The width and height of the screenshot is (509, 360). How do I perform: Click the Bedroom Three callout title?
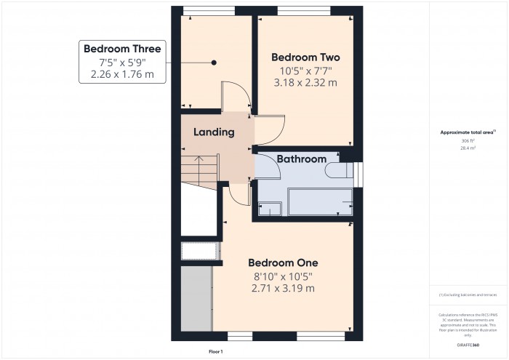tap(122, 49)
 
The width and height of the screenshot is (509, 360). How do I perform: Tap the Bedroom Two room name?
tap(305, 57)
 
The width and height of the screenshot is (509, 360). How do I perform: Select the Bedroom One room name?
tap(283, 263)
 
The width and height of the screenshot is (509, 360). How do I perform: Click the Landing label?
tap(214, 132)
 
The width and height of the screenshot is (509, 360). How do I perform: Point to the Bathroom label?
tap(301, 159)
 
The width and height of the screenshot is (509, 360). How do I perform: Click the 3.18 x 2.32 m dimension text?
tap(305, 83)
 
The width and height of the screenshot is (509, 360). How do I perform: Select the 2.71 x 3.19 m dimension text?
tap(283, 289)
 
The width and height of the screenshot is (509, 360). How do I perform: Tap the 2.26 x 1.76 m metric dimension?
tap(122, 75)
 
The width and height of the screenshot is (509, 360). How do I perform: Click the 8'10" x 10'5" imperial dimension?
tap(283, 276)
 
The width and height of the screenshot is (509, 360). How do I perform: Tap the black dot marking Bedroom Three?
tap(214, 63)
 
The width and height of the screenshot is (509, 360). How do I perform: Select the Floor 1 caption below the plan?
tap(216, 351)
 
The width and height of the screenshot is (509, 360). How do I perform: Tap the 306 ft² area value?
tap(468, 140)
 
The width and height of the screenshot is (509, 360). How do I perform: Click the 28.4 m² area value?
tap(468, 148)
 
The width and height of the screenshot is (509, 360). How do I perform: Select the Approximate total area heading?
tap(468, 132)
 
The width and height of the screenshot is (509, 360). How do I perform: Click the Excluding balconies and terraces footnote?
tap(468, 295)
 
